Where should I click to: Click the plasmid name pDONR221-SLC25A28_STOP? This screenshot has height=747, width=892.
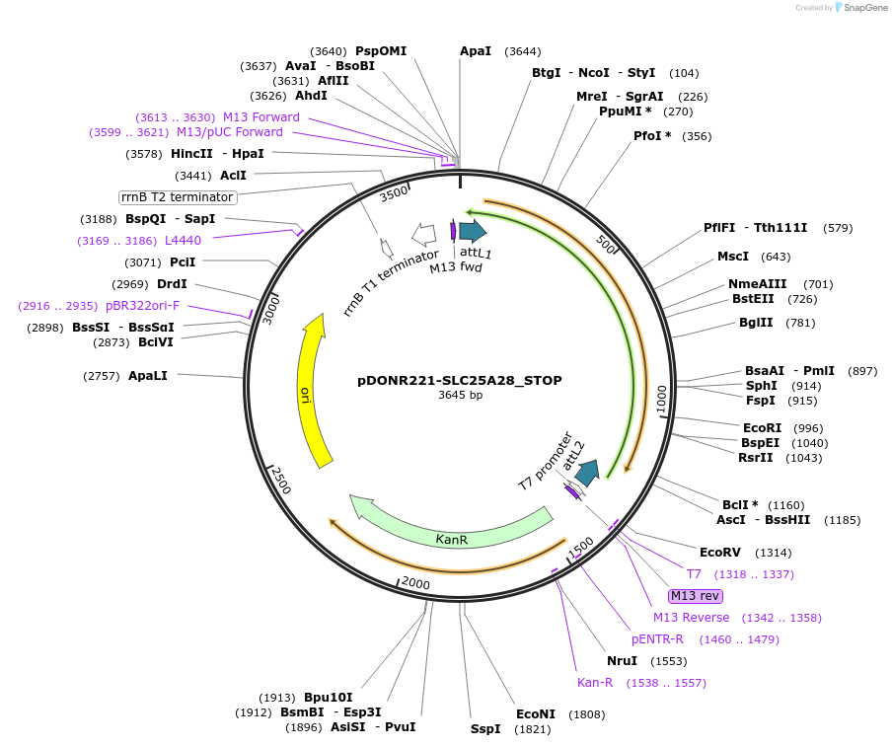pos(460,380)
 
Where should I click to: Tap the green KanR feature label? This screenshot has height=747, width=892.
pos(451,540)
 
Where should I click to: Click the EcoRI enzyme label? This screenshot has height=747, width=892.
pos(762,428)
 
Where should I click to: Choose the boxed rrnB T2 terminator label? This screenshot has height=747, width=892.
pos(178,197)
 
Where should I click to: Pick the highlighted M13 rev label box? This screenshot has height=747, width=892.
pos(695,596)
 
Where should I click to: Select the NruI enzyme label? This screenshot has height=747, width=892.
pos(622,661)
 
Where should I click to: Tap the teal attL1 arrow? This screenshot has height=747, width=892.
pos(473,231)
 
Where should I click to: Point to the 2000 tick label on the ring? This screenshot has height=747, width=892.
pos(415,584)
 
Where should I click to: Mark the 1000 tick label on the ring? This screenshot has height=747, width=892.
pos(661,399)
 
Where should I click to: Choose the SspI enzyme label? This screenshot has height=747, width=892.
pos(485,729)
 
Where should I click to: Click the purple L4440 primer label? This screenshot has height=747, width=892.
pos(183,240)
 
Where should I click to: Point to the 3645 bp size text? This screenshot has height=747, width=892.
pos(460,396)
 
